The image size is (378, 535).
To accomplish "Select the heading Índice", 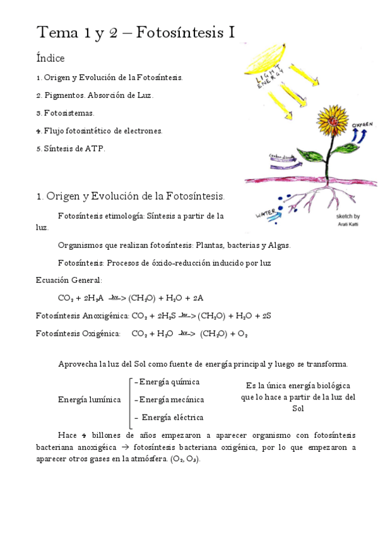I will click(x=50, y=59).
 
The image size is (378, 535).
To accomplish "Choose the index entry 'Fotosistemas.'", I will click(x=68, y=113).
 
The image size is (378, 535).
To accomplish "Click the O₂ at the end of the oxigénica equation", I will click(x=242, y=334).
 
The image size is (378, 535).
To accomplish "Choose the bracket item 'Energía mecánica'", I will click(x=170, y=399).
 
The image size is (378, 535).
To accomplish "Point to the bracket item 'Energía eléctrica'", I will click(x=172, y=417).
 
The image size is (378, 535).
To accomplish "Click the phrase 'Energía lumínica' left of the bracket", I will click(x=89, y=400).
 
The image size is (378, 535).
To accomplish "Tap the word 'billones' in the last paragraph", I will click(x=107, y=436).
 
